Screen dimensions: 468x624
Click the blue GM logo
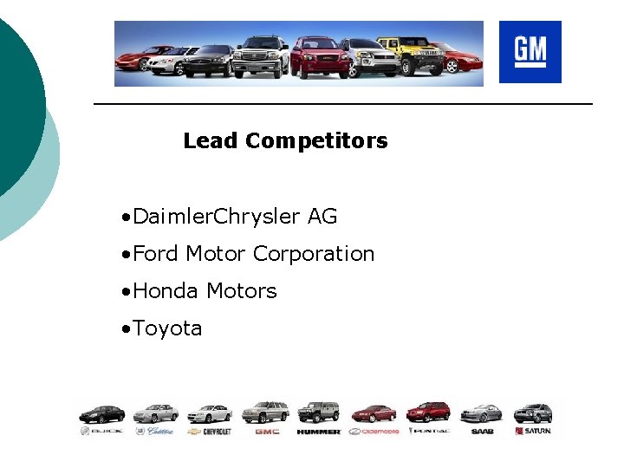(530, 52)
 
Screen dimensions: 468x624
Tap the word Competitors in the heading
(316, 140)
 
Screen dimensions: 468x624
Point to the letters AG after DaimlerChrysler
(322, 217)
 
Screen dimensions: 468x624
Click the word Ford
(156, 254)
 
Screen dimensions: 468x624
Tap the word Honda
(166, 291)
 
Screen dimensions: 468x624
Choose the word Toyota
(167, 328)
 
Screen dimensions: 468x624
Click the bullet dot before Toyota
(127, 329)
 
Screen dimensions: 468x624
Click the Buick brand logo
(101, 431)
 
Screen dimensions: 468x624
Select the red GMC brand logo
(267, 431)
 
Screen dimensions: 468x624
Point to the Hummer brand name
(318, 431)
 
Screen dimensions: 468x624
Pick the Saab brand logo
(482, 431)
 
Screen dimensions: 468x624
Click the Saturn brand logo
(532, 431)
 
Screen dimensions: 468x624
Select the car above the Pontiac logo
(428, 412)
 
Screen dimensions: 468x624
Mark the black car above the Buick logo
(101, 413)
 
